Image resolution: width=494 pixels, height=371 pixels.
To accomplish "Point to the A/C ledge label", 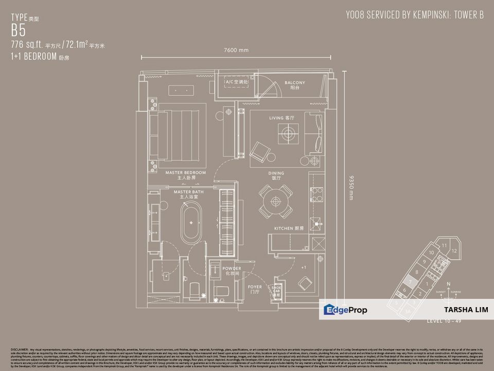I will pos(237,82).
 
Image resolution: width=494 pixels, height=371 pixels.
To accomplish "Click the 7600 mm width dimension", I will pos(236,50).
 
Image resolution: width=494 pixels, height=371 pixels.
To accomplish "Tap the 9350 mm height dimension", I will pos(352,186).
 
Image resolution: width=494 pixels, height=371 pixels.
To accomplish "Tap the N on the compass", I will pos(449,284).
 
